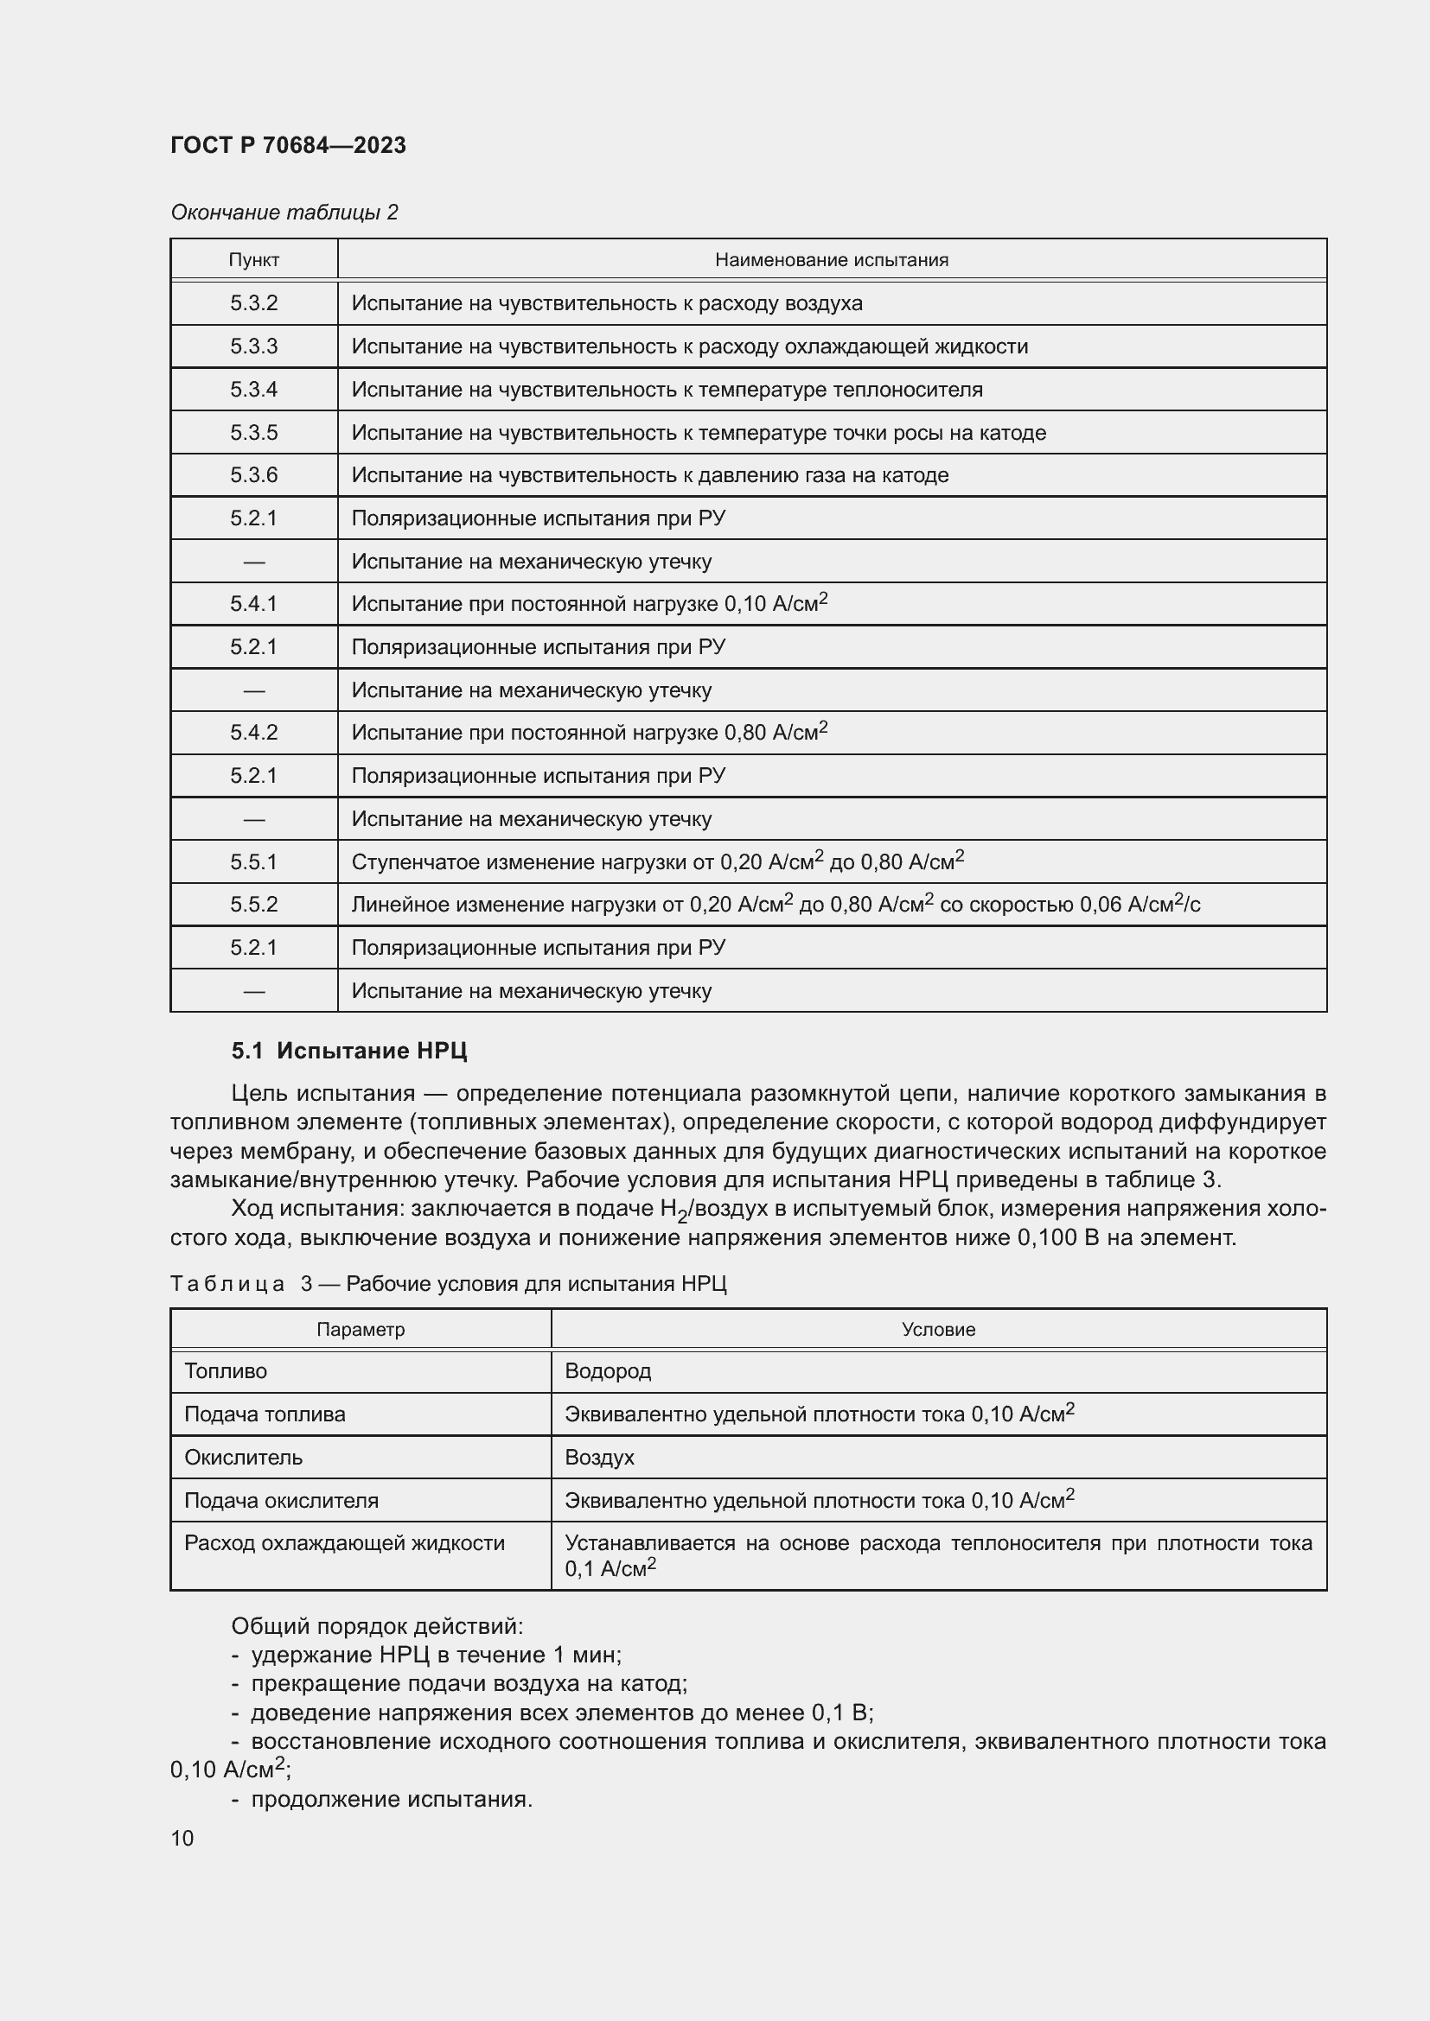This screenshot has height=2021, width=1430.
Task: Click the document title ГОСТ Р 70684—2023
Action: tap(288, 145)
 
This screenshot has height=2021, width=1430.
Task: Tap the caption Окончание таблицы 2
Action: tap(284, 213)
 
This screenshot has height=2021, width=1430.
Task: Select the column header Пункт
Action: tap(253, 260)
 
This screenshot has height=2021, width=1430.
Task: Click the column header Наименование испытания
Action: tap(831, 260)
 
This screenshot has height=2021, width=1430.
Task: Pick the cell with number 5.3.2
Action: tap(253, 302)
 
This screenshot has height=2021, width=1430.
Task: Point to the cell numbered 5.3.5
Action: tap(253, 432)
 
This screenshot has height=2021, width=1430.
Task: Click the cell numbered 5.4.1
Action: tap(253, 604)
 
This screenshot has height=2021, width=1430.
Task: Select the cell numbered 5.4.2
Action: tap(253, 733)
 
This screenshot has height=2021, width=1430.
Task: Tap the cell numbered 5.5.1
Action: tap(253, 861)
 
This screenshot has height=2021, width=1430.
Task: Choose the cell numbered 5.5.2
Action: tap(253, 904)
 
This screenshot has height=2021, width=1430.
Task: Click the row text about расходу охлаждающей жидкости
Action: tap(689, 346)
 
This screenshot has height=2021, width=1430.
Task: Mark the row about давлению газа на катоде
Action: tap(650, 475)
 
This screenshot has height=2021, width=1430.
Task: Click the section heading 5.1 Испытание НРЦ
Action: tap(348, 1050)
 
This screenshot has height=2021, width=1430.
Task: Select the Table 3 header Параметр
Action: tap(361, 1329)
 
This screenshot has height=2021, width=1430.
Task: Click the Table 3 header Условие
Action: tap(938, 1329)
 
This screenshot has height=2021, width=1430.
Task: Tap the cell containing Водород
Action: tap(608, 1371)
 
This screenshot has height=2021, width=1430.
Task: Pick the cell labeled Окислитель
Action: tap(243, 1457)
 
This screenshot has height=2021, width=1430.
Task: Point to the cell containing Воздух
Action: tap(599, 1457)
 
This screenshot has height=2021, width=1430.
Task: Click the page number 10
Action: tap(182, 1838)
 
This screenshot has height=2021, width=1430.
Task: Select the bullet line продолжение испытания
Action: tap(391, 1799)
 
